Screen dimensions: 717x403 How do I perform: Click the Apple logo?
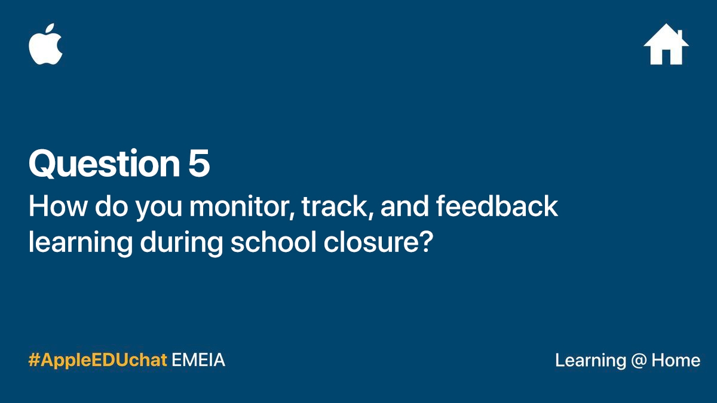tap(45, 44)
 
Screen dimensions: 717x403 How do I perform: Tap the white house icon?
tap(666, 44)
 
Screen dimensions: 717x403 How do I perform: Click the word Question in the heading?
tap(105, 164)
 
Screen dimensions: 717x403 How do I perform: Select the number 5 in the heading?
tap(199, 163)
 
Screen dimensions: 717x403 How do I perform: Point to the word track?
tap(338, 207)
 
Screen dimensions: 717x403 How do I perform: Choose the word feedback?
tap(497, 206)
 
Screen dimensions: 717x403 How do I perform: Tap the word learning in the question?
tap(80, 243)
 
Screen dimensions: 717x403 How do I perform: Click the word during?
tap(182, 243)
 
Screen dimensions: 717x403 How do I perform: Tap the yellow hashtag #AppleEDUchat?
tap(97, 361)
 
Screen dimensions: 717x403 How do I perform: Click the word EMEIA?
tap(198, 360)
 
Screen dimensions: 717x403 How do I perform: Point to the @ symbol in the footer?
tap(639, 361)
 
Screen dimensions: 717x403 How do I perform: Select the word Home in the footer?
tap(676, 360)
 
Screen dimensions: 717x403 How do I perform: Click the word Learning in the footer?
tap(590, 361)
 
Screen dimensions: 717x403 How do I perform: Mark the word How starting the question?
tap(57, 207)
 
